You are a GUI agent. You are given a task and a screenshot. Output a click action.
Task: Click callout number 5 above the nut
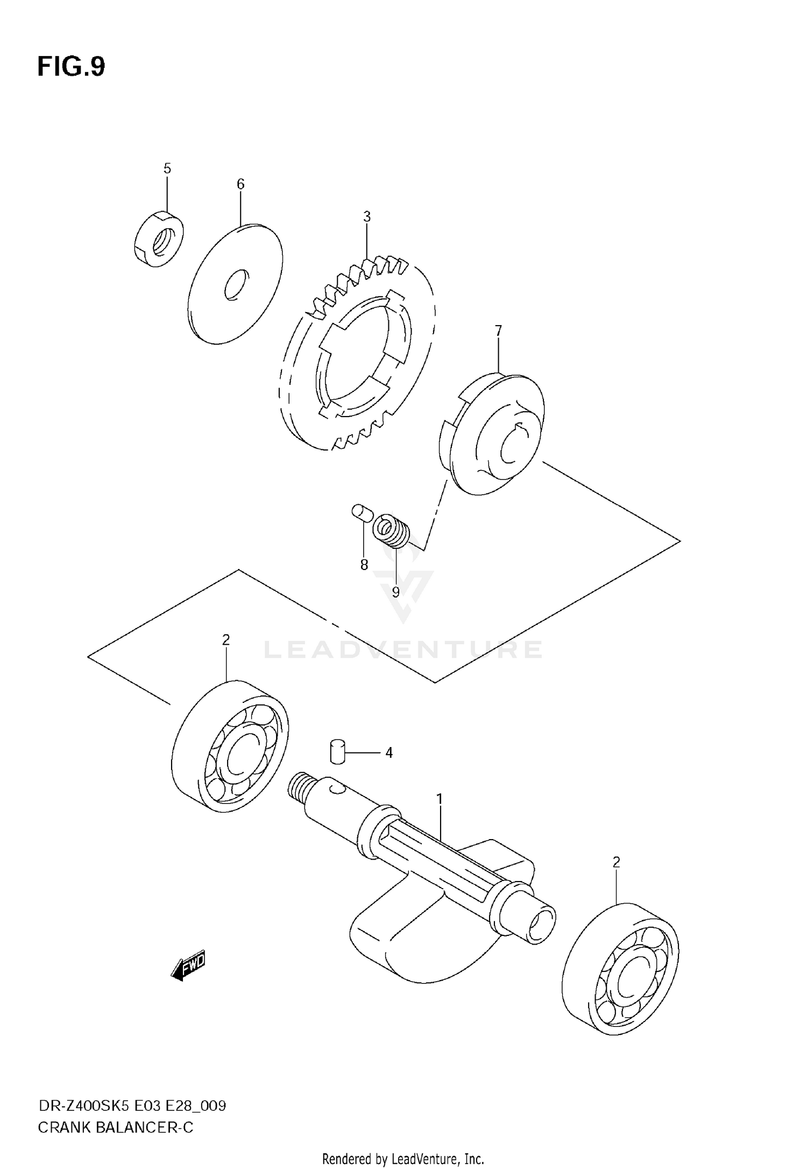(x=167, y=169)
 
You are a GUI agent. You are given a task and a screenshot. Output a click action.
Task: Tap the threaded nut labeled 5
(x=158, y=240)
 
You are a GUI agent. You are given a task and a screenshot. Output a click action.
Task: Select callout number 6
(x=240, y=185)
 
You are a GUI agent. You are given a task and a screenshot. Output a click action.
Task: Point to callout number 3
(x=367, y=217)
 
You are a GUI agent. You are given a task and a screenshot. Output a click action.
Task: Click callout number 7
(x=498, y=330)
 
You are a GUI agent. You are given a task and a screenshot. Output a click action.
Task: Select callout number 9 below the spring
(x=395, y=593)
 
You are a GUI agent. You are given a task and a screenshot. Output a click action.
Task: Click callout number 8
(x=364, y=565)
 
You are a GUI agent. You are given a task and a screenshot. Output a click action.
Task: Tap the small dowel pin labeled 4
(x=337, y=751)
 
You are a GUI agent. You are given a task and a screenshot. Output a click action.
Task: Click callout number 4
(x=389, y=753)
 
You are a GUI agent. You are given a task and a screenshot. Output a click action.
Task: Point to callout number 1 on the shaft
(x=440, y=799)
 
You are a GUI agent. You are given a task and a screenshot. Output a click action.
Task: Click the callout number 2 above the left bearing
(x=226, y=640)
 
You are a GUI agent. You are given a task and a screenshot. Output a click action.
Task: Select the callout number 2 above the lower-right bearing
(x=617, y=862)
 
